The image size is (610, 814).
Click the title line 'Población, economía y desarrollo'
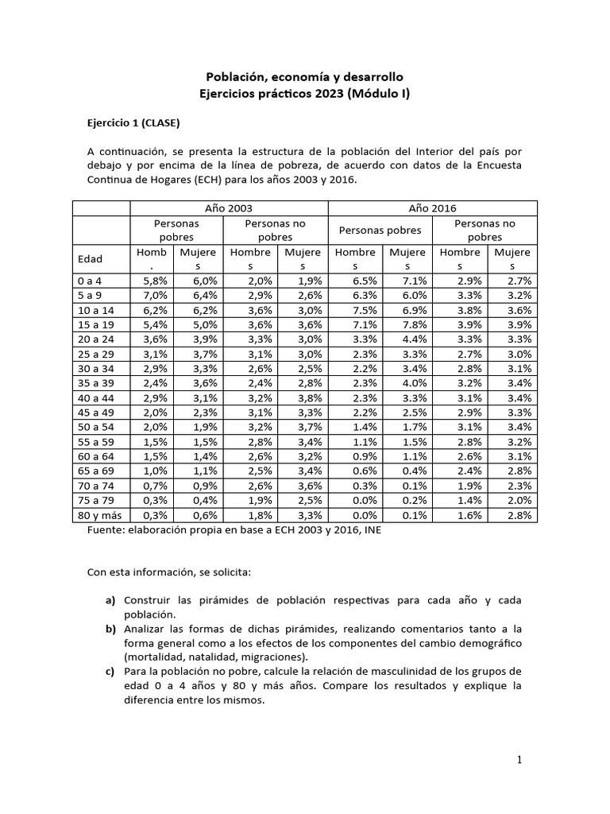tap(305, 77)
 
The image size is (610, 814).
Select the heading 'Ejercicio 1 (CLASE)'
tap(133, 123)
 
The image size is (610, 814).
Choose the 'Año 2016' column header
tap(432, 207)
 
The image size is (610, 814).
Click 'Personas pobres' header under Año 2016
tap(380, 231)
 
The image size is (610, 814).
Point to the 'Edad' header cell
tap(89, 259)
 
